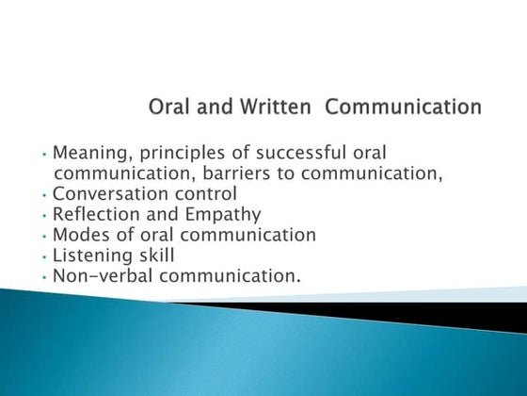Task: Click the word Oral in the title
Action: pyautogui.click(x=169, y=107)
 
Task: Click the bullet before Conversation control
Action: pyautogui.click(x=45, y=195)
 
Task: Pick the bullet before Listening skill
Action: pyautogui.click(x=45, y=256)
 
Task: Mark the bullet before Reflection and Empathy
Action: pyautogui.click(x=45, y=216)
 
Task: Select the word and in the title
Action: pyautogui.click(x=210, y=107)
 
